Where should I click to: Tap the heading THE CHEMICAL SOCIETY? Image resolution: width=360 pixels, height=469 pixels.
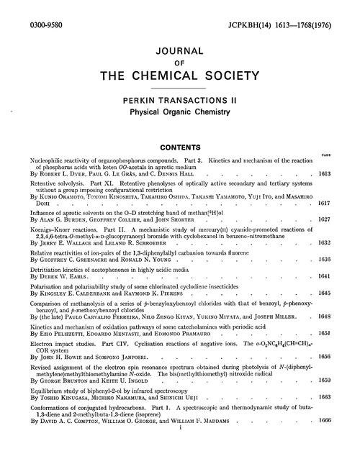pyautogui.click(x=179, y=78)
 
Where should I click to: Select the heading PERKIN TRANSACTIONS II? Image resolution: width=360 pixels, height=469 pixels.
pyautogui.click(x=179, y=102)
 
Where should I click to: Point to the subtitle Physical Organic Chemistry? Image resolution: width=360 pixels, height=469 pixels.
pyautogui.click(x=179, y=114)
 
